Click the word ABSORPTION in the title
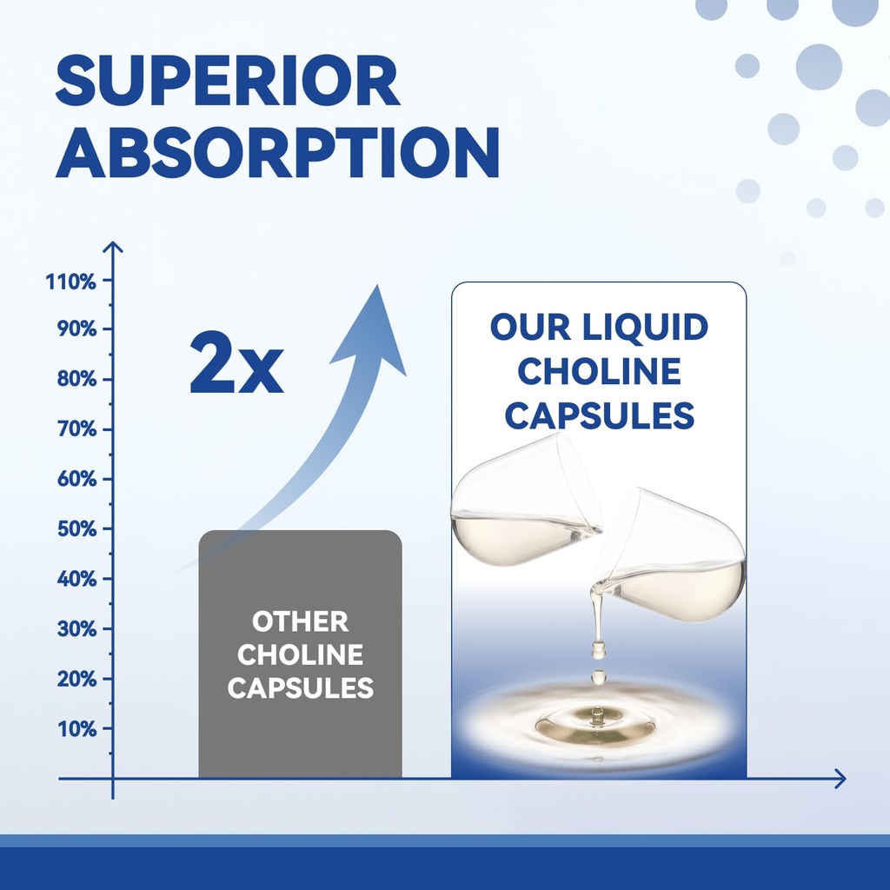[277, 153]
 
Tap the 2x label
[236, 364]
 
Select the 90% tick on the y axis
[76, 329]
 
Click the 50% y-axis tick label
[76, 528]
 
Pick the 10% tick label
[76, 728]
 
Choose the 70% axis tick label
[76, 429]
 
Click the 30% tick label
[76, 628]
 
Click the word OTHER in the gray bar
[300, 622]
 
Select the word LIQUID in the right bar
[645, 328]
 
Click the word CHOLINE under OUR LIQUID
[599, 372]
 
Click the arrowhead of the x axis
[839, 779]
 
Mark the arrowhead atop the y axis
[113, 248]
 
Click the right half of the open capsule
[674, 561]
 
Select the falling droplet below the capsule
[598, 675]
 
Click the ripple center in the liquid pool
[597, 720]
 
